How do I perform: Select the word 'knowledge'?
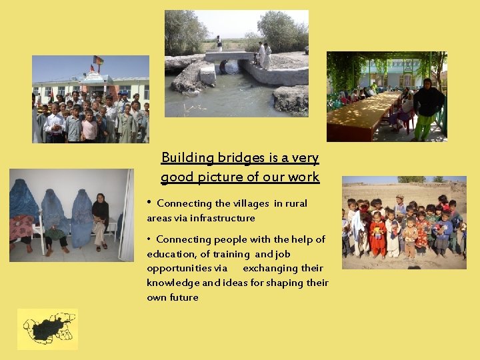pyautogui.click(x=175, y=283)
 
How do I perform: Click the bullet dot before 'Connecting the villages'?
pyautogui.click(x=150, y=203)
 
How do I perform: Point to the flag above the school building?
pyautogui.click(x=98, y=61)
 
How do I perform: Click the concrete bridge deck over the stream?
pyautogui.click(x=229, y=57)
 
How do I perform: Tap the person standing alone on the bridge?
pyautogui.click(x=219, y=43)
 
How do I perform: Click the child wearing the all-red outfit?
pyautogui.click(x=377, y=236)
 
